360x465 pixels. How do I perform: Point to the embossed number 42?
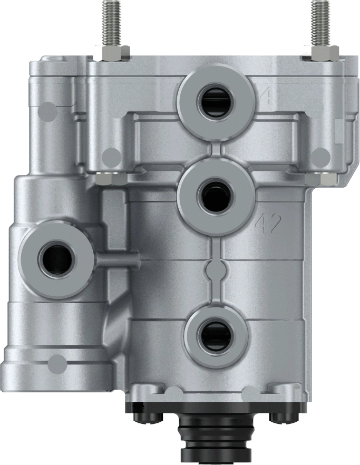(269, 224)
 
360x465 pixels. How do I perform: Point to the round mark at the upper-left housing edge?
(47, 110)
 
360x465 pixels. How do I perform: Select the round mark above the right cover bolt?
(319, 156)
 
